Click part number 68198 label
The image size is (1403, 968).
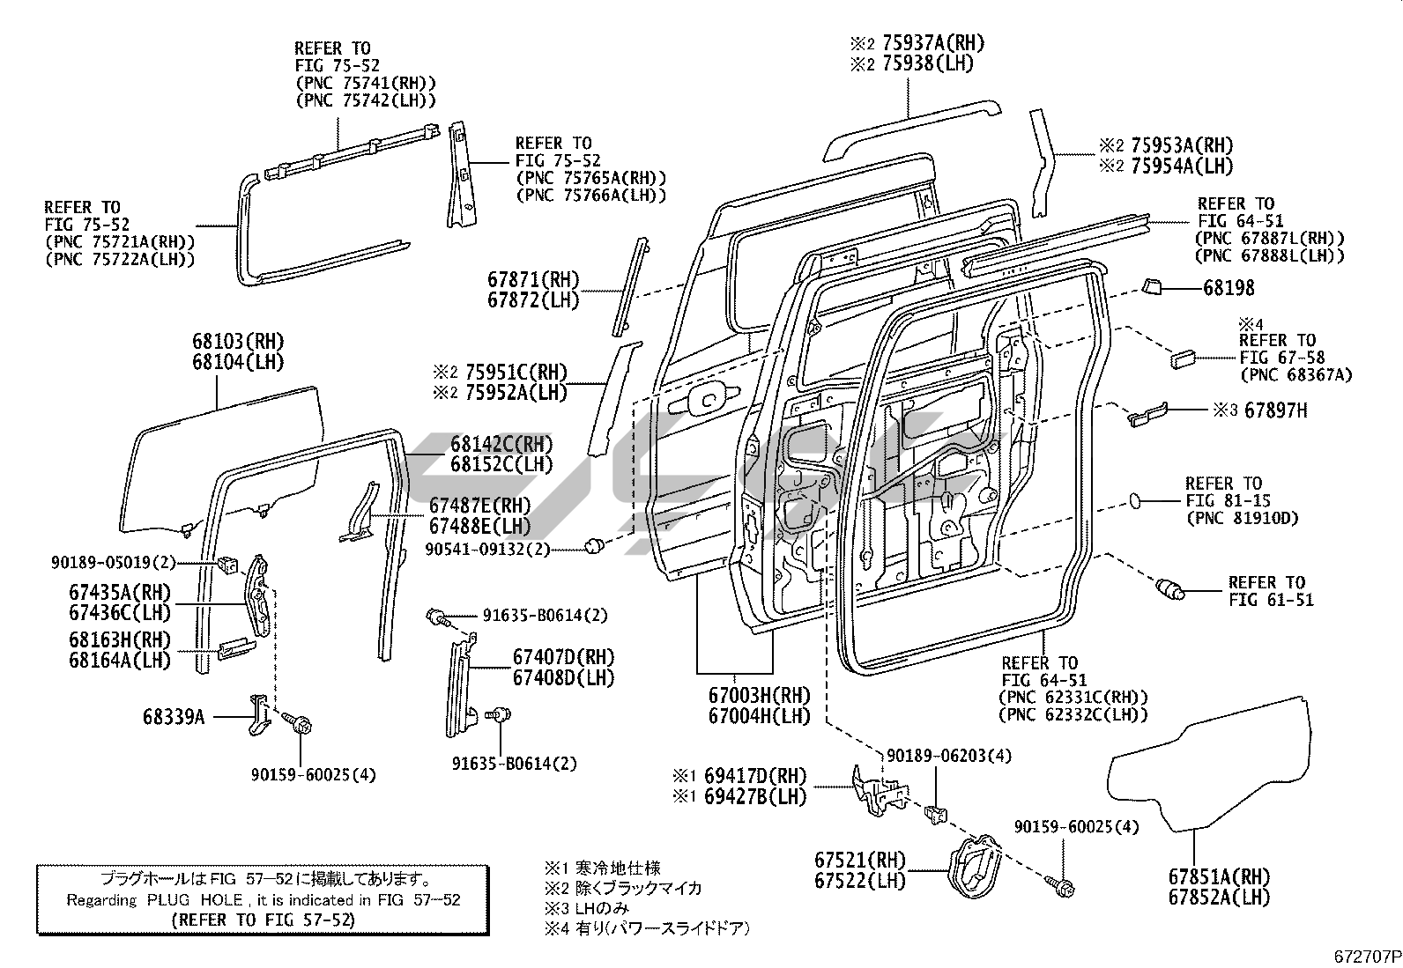coord(1229,288)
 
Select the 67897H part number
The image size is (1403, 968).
coord(1276,410)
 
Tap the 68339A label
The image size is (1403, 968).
coord(173,717)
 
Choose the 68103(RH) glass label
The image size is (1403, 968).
coord(238,341)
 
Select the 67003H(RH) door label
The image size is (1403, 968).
coord(759,695)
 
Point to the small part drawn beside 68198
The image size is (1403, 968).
coord(1153,285)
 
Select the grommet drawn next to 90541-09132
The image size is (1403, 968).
coord(597,546)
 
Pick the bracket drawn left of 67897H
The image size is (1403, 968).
coord(1147,414)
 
